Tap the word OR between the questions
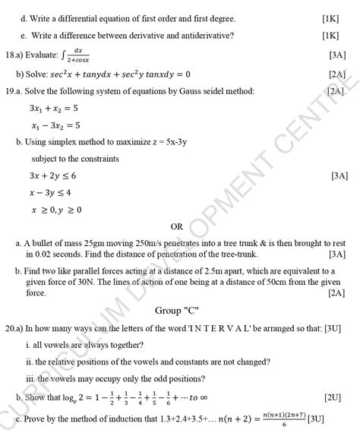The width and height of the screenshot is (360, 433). click(177, 226)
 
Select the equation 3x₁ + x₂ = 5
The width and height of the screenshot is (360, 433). click(54, 108)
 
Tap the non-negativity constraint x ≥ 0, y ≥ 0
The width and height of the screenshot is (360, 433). click(56, 209)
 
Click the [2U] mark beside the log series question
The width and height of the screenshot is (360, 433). click(332, 397)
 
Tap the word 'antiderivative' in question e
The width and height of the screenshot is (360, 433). click(200, 36)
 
